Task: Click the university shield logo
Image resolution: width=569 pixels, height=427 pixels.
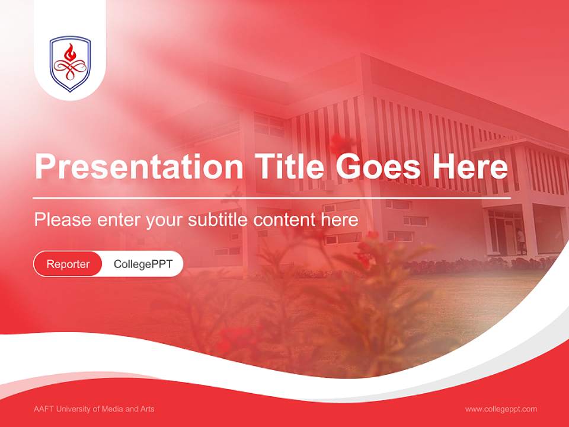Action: tap(70, 63)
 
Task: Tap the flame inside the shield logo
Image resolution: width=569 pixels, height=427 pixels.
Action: tap(70, 53)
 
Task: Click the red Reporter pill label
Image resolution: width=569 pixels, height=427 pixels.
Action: tap(68, 264)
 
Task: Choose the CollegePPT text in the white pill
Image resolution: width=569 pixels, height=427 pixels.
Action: tap(143, 264)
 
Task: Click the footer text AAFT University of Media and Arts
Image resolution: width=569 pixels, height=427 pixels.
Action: tap(94, 409)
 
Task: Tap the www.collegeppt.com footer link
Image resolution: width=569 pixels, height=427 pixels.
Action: tap(501, 409)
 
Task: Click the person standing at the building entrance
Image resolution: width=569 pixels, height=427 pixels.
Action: tap(521, 240)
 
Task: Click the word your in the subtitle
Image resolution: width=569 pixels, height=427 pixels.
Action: tap(165, 220)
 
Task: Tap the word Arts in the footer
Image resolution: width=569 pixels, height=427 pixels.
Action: tap(146, 409)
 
